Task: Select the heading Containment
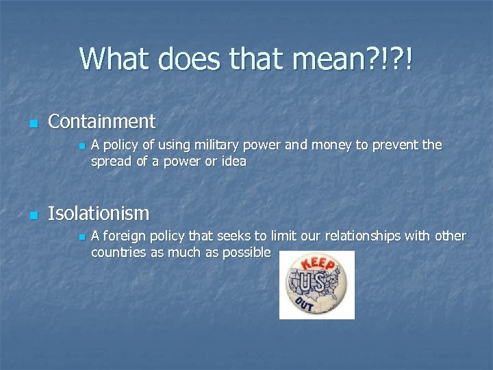[102, 122]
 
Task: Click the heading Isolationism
[99, 214]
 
